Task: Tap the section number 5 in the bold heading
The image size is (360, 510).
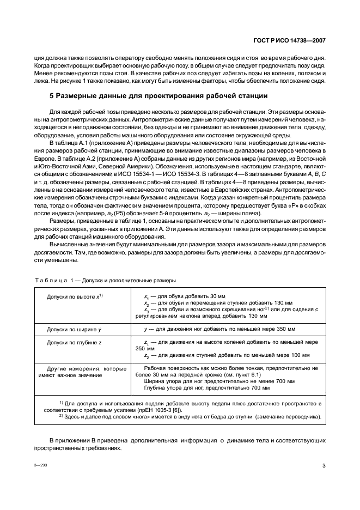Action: (x=51, y=96)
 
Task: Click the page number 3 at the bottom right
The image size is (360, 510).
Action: (x=324, y=465)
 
